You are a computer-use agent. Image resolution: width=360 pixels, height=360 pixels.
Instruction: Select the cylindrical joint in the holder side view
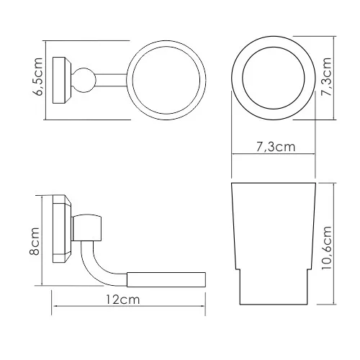[x=91, y=228]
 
